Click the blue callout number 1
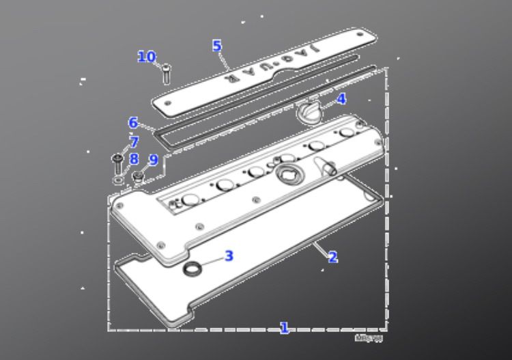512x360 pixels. coord(284,329)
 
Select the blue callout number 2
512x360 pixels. coord(332,258)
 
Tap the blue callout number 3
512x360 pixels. coord(229,256)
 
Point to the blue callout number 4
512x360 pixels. coord(341,99)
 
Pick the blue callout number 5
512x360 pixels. coord(216,46)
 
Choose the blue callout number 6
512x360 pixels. coord(134,123)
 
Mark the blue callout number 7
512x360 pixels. coord(134,142)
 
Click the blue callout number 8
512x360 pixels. coord(134,159)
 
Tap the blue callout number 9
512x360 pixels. coord(153,160)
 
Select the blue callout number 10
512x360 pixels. coord(147,57)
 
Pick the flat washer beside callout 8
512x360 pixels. coord(119,180)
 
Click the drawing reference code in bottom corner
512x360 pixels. coord(369,338)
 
